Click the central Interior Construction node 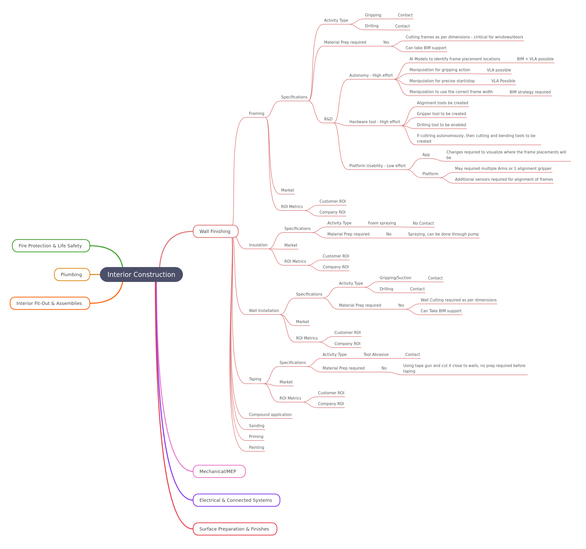141,274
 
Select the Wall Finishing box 215,231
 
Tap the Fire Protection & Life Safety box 51,246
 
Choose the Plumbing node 72,274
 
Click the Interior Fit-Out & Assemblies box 50,303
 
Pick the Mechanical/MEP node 219,471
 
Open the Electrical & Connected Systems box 236,500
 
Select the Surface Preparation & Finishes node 235,529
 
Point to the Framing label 256,113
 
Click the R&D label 328,119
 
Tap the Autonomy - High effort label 371,75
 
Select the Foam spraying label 382,223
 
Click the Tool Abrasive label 376,354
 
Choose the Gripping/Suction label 395,278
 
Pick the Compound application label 270,414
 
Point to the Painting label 256,448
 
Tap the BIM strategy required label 530,92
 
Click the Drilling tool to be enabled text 441,125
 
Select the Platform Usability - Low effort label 377,166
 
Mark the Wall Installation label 264,310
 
